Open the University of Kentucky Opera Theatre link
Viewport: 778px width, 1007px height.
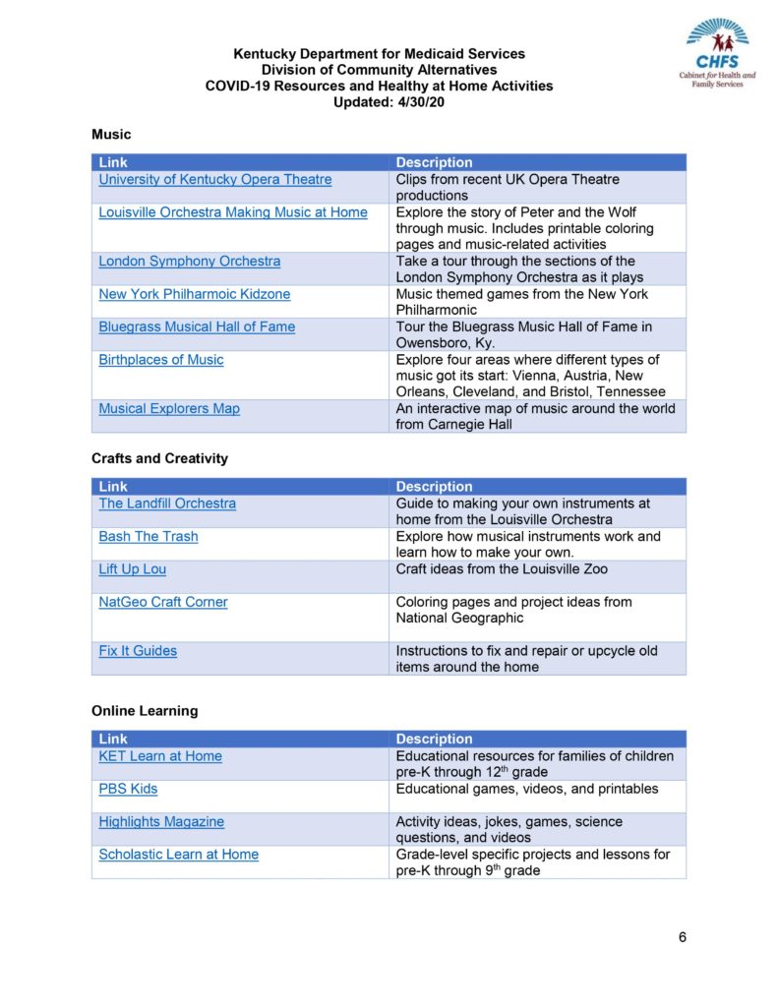pos(214,180)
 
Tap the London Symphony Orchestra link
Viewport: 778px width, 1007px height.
pos(189,262)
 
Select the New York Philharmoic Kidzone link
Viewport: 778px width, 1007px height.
pos(194,294)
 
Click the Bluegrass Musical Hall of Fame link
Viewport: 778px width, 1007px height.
pos(197,326)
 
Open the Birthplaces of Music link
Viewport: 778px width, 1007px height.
pos(160,360)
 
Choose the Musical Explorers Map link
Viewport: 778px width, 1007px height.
pos(168,409)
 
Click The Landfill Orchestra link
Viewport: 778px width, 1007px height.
pos(167,503)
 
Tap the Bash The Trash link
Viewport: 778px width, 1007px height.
pos(148,537)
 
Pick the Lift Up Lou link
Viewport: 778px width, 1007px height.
pos(132,569)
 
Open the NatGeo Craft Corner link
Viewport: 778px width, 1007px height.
pos(162,602)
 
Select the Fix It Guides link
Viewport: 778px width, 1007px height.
pos(138,651)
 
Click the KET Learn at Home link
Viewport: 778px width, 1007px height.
pos(159,756)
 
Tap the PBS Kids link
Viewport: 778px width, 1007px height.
pos(128,789)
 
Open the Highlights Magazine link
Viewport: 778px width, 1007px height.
pos(161,822)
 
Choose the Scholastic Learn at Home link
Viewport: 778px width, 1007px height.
pos(178,855)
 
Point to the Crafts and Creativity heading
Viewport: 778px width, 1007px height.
pos(159,458)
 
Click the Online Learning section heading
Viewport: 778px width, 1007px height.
pos(145,711)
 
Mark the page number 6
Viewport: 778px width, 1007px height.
pos(682,936)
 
